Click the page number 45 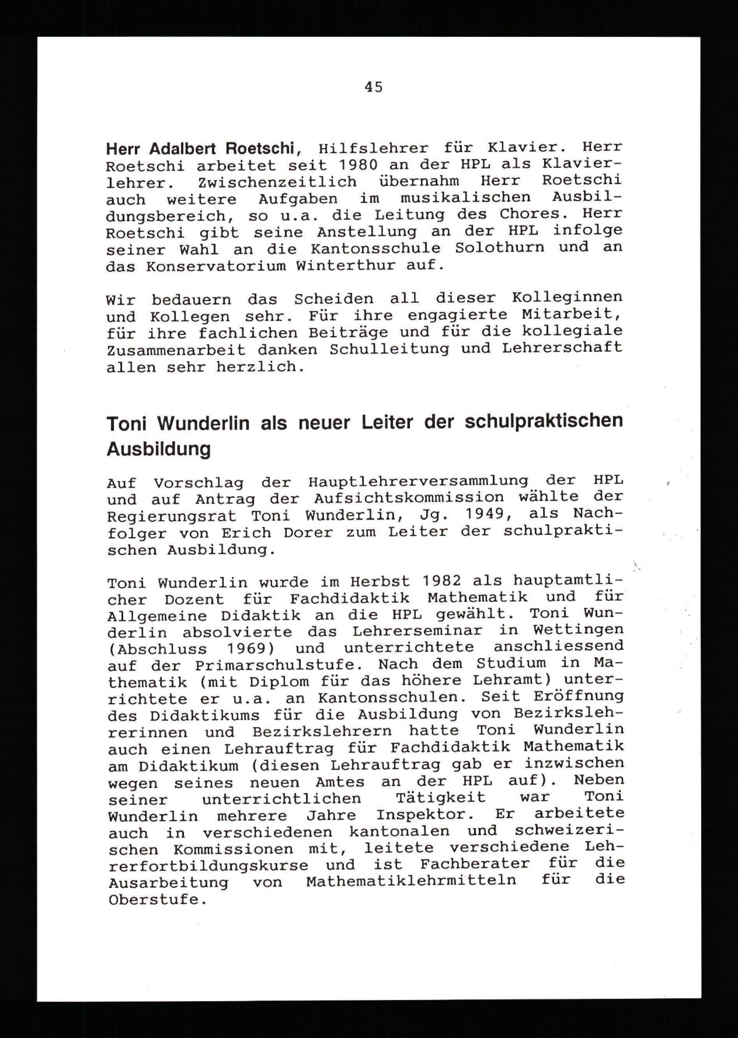pos(373,87)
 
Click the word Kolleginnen pos(567,297)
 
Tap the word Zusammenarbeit pos(176,351)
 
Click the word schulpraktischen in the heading pos(544,421)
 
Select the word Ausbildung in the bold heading pos(159,449)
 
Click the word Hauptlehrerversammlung pos(418,481)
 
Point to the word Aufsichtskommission pos(408,498)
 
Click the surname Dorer pos(308,532)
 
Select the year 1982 pos(441,581)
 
